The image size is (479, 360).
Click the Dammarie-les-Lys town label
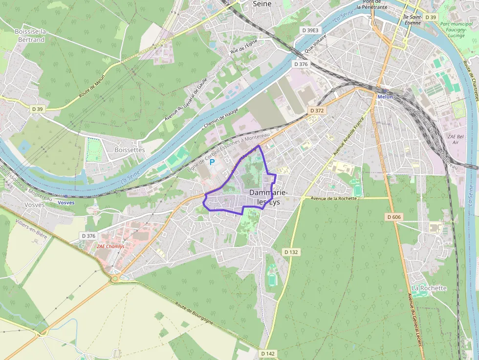pos(268,197)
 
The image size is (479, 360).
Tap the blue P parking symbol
pos(212,162)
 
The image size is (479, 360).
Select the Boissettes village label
pos(130,150)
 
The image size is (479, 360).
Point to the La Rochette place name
pos(429,288)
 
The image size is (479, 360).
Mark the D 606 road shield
pos(394,216)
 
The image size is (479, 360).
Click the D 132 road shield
pos(291,252)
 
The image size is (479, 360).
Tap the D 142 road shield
pos(268,353)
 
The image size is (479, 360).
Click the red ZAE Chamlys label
pos(110,247)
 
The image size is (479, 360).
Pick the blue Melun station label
pos(385,97)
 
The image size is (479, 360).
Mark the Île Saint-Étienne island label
pos(412,20)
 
